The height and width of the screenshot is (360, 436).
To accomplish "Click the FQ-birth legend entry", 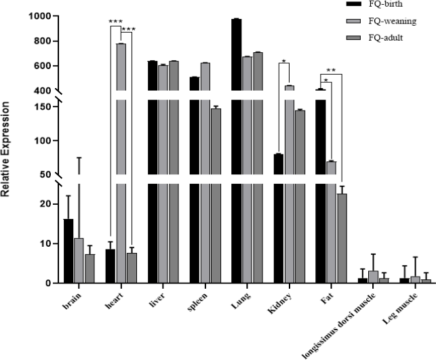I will [x=374, y=5].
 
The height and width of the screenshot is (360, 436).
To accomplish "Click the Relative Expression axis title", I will [x=7, y=150].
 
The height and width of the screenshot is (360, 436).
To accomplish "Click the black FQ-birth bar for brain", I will [x=68, y=251].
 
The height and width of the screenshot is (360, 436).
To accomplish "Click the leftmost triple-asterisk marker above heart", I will [x=115, y=22].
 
